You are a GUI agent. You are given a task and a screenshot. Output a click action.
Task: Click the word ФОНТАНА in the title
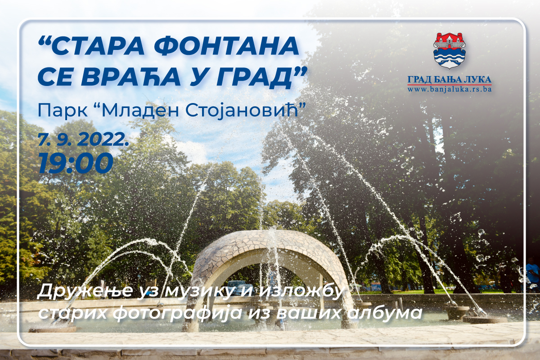pos(227,46)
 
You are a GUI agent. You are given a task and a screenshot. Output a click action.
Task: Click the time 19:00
pos(76,163)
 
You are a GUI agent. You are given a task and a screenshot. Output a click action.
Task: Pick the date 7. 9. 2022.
pos(84,140)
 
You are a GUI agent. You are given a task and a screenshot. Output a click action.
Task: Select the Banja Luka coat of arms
pos(450,51)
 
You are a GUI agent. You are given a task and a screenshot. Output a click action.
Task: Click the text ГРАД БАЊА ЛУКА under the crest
pos(450,79)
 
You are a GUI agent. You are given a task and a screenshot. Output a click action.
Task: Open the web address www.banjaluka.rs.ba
pos(450,89)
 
